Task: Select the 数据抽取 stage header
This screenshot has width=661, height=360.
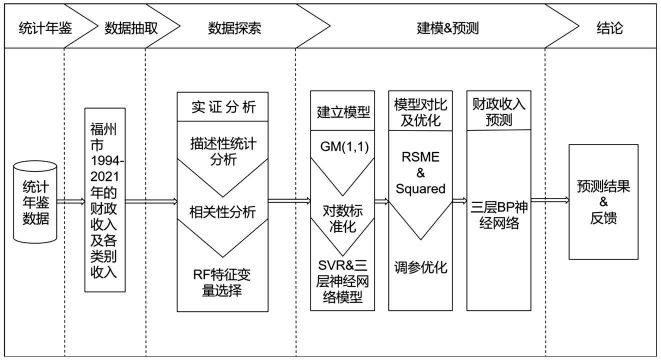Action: click(x=131, y=27)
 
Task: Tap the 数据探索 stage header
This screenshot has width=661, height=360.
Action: click(x=234, y=27)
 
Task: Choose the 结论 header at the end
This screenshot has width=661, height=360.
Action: click(x=609, y=27)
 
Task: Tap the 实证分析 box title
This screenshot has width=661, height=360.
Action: click(x=223, y=107)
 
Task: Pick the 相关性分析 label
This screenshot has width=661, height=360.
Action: click(x=223, y=212)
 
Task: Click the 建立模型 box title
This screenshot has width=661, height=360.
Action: click(x=343, y=112)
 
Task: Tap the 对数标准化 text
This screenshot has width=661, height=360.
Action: click(x=343, y=218)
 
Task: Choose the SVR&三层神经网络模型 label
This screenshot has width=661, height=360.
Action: click(x=343, y=282)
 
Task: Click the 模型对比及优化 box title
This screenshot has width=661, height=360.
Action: click(x=420, y=112)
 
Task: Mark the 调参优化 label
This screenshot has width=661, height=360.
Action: click(x=420, y=267)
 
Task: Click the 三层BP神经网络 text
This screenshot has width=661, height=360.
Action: click(x=498, y=214)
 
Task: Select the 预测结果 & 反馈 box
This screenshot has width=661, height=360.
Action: click(x=603, y=202)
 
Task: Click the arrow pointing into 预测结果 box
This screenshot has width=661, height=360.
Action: click(x=549, y=200)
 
